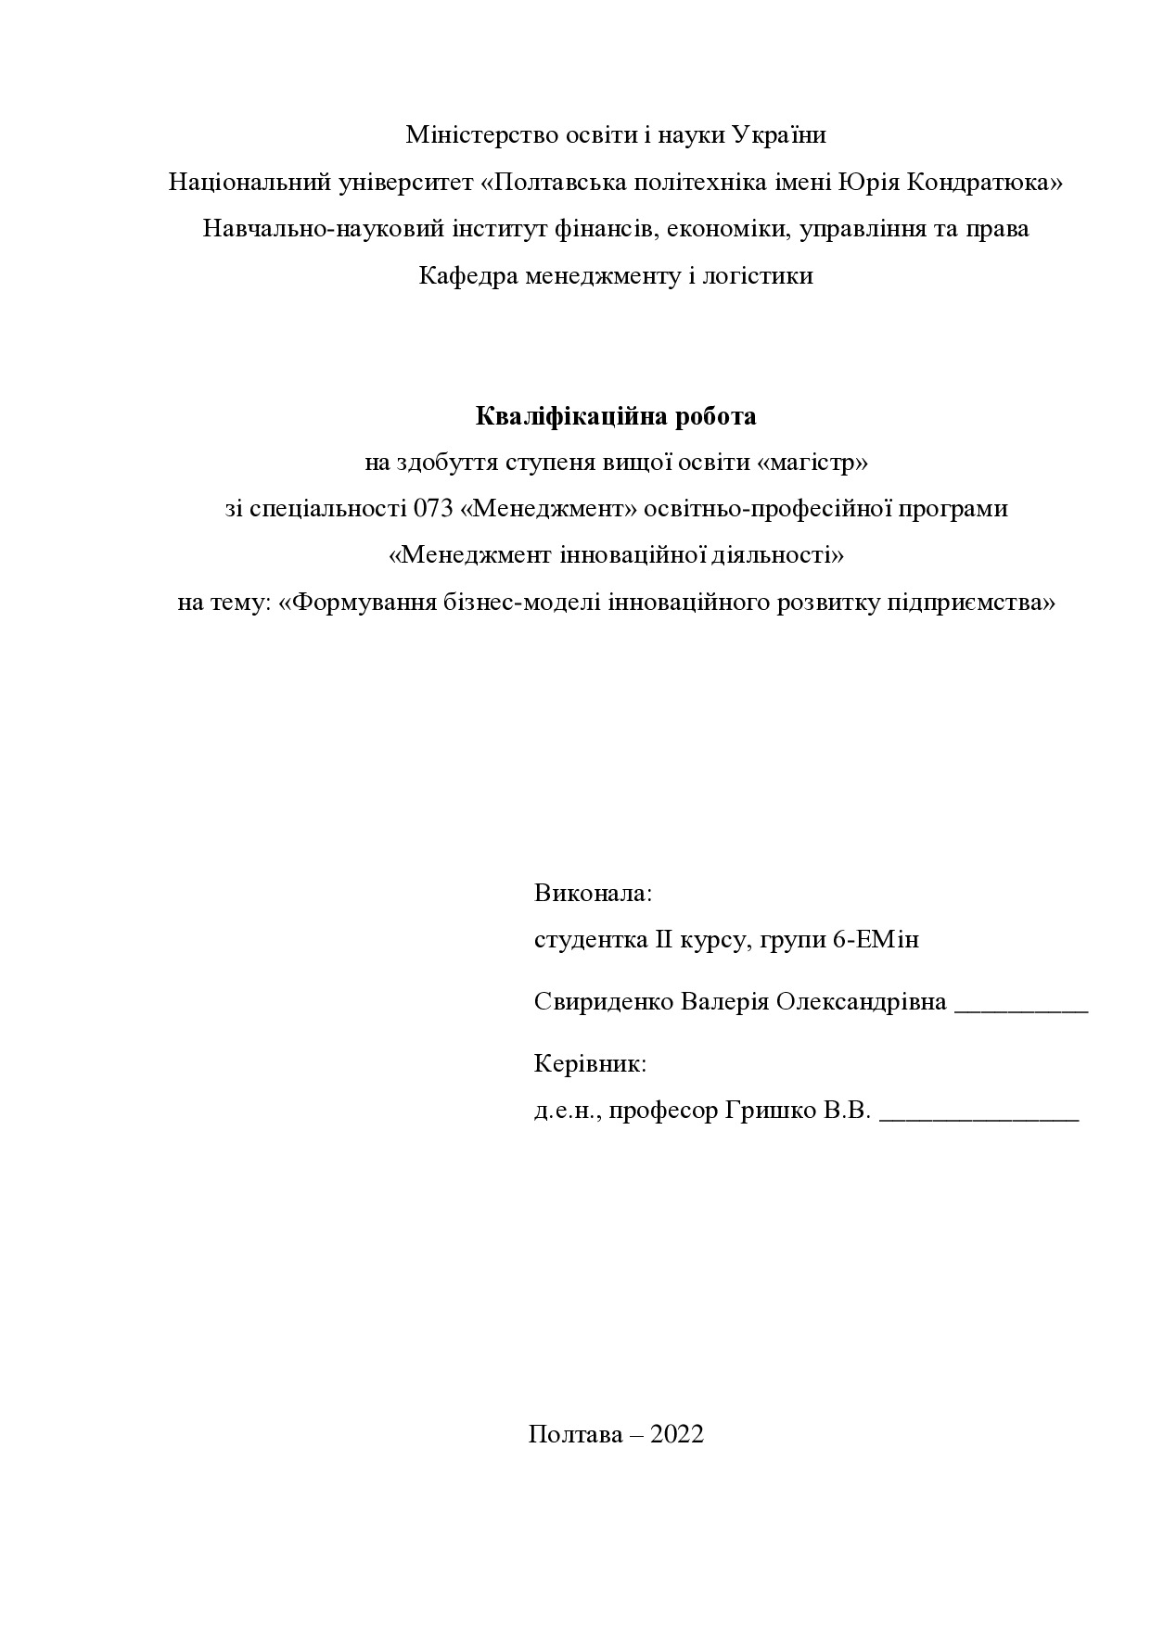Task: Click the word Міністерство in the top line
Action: [x=481, y=135]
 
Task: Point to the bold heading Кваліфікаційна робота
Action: [x=616, y=416]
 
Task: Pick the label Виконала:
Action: [x=594, y=894]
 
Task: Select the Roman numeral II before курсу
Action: [x=663, y=940]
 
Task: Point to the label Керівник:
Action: [x=590, y=1063]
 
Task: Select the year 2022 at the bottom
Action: [x=677, y=1434]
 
